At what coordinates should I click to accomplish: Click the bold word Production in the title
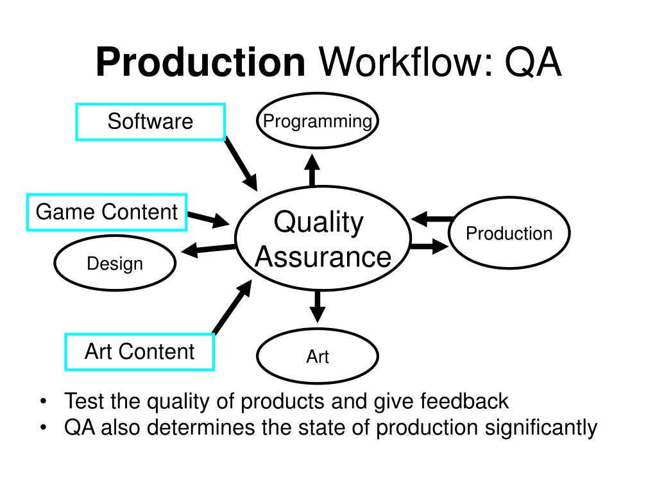click(200, 63)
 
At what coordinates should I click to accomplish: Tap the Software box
click(150, 121)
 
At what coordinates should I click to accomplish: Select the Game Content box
click(107, 212)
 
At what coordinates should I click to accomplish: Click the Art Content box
click(139, 352)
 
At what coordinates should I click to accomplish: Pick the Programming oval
click(318, 121)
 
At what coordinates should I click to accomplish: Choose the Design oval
click(115, 264)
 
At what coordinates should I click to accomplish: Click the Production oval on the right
click(509, 233)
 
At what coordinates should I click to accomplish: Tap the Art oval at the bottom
click(318, 356)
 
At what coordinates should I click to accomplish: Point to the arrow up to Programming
click(312, 169)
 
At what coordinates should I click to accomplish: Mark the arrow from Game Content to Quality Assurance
click(208, 219)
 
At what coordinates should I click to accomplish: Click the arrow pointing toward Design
click(209, 249)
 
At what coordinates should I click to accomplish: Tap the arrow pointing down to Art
click(317, 306)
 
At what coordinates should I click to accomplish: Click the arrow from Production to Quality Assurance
click(432, 220)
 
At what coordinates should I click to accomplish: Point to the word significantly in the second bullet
click(540, 428)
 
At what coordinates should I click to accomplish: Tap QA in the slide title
click(533, 63)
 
